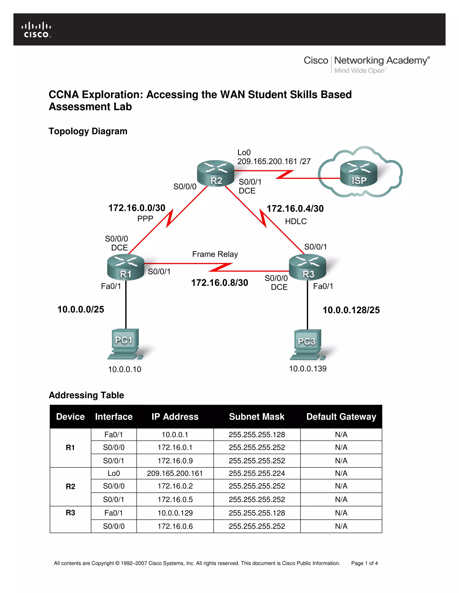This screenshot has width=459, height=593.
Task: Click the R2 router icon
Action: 215,173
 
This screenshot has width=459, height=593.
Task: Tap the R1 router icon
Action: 126,267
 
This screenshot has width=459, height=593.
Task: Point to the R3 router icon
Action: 307,267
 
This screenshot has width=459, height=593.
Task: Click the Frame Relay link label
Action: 215,254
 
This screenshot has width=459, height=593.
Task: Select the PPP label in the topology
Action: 145,219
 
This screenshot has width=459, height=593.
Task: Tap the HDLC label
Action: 296,222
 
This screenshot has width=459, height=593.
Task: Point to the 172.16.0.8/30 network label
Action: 219,283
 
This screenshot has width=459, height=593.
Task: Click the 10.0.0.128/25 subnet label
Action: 351,310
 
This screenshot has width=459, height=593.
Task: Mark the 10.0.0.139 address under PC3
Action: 307,369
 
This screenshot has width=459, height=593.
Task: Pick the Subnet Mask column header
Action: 257,416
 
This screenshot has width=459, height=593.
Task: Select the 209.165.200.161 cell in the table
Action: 175,473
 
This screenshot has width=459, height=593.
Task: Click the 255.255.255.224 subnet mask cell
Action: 257,473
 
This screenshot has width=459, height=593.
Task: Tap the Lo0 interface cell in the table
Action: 114,473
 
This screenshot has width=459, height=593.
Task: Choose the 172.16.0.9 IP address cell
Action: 175,461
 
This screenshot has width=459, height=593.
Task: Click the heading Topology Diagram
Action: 88,131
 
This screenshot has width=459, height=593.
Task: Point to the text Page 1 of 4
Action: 364,563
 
